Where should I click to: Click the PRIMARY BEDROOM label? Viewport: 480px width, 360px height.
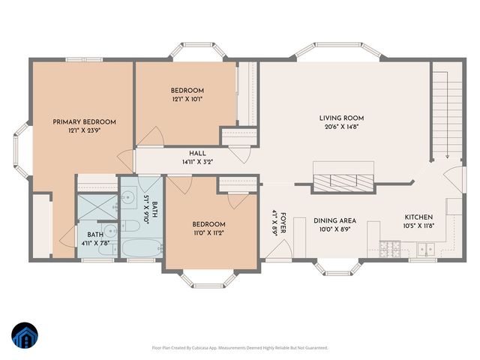click(84, 121)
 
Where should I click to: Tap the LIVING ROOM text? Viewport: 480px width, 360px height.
click(341, 118)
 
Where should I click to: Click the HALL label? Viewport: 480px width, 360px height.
click(198, 154)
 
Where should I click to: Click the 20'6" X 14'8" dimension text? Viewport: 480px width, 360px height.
click(341, 127)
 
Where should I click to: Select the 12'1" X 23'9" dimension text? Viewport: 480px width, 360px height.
click(84, 130)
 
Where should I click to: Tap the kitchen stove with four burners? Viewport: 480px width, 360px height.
click(391, 248)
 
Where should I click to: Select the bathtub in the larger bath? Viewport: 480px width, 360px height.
click(141, 247)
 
